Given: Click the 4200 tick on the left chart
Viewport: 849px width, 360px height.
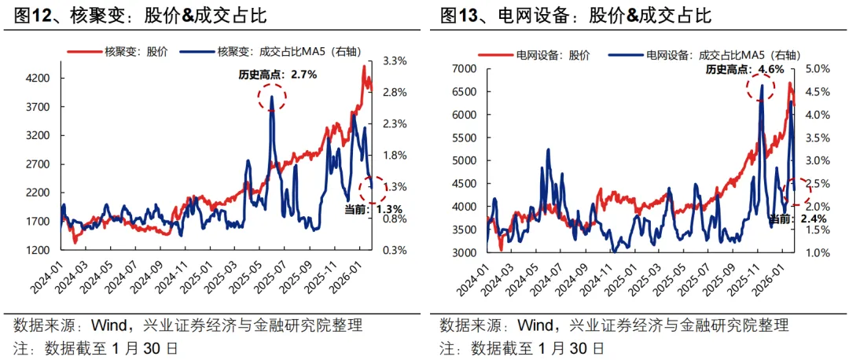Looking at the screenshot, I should [x=39, y=79].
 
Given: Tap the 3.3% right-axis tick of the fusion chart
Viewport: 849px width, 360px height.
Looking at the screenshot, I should [x=395, y=61].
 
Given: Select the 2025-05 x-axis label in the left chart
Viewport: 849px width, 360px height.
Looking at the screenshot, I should [x=253, y=285].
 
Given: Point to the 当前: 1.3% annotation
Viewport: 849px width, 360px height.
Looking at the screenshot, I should [x=373, y=209].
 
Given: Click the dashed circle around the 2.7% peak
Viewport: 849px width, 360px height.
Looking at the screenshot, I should [x=272, y=97].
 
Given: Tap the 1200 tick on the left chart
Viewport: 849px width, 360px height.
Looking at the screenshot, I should [x=39, y=250].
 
